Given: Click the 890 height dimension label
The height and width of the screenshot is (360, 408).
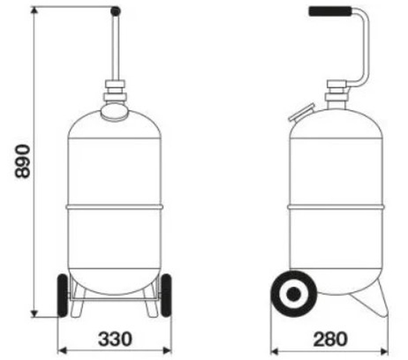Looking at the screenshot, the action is point(22,162).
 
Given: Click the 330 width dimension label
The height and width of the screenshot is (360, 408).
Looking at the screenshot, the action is point(115,339).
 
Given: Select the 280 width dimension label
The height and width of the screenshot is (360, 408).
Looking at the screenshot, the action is point(330,339).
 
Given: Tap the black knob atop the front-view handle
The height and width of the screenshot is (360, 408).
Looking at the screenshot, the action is point(116,11).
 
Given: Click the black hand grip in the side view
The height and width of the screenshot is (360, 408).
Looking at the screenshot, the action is point(330,12).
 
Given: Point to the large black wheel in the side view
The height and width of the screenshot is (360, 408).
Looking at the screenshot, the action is point(294,293).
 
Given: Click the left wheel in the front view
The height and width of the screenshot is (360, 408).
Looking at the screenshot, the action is point(63,295).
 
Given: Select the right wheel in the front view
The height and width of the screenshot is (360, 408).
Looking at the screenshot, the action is point(167,295).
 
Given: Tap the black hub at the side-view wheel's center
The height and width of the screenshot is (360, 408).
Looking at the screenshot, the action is point(294,293).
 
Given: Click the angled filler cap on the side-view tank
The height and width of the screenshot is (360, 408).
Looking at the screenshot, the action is point(302,112).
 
